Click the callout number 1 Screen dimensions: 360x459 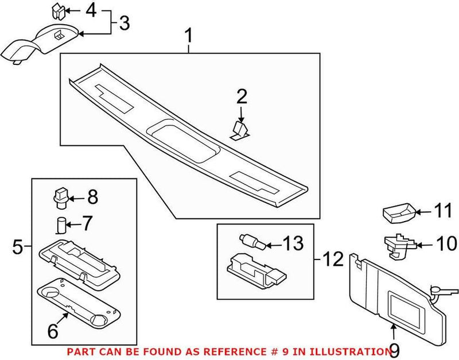pyautogui.click(x=188, y=38)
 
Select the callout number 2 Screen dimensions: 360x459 pyautogui.click(x=241, y=97)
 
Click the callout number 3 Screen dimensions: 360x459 pyautogui.click(x=124, y=24)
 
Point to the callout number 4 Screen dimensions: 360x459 pyautogui.click(x=91, y=10)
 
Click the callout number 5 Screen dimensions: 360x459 pyautogui.click(x=18, y=247)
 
